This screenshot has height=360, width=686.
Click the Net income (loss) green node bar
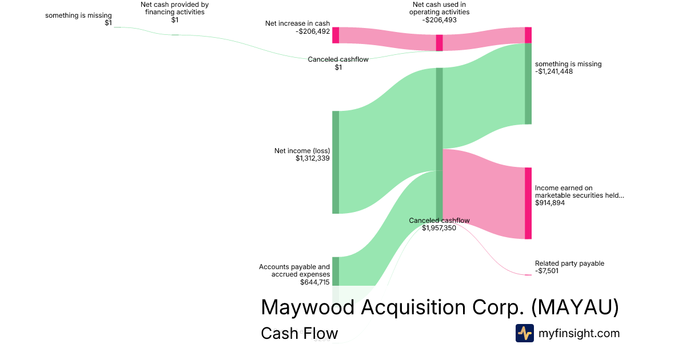click(336, 162)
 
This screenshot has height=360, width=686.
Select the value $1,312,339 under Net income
click(313, 158)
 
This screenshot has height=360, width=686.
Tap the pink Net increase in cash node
click(336, 35)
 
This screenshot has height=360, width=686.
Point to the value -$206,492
click(313, 31)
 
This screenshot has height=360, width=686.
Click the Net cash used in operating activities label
click(439, 9)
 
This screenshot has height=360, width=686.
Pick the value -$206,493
click(439, 20)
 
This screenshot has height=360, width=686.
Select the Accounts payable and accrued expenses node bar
click(336, 271)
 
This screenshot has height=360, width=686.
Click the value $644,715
click(315, 282)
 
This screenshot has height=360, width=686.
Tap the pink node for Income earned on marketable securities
click(528, 203)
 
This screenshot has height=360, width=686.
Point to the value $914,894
click(550, 203)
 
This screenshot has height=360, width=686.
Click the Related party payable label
click(569, 263)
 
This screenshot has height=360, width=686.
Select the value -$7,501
click(547, 271)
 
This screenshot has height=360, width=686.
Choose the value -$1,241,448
click(554, 71)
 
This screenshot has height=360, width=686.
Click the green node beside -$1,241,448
click(528, 83)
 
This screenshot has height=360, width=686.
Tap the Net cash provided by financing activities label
click(174, 9)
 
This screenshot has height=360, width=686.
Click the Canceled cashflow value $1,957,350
click(439, 228)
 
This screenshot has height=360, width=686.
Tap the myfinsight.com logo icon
click(524, 333)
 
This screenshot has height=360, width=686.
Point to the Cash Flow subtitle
click(299, 333)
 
